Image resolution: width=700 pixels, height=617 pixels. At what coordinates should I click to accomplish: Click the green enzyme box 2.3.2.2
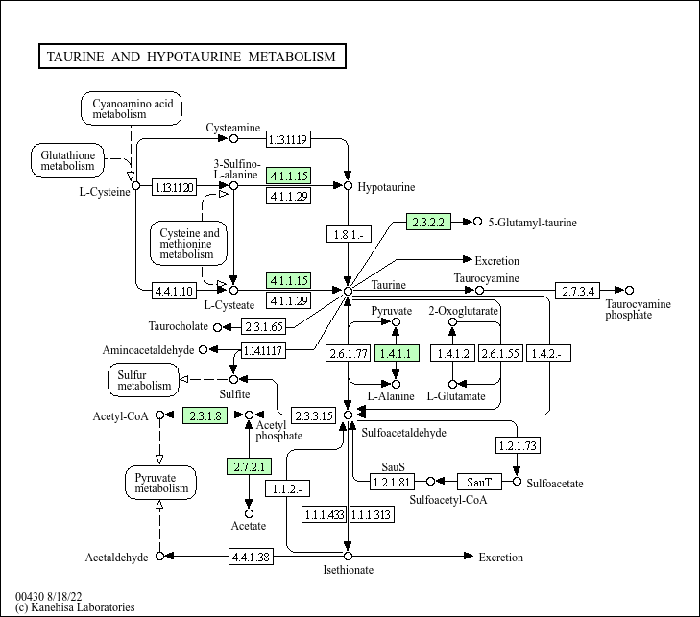[428, 222]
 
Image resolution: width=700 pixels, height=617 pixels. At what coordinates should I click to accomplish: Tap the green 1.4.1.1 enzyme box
[396, 353]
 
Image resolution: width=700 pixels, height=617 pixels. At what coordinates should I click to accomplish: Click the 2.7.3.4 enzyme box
[578, 290]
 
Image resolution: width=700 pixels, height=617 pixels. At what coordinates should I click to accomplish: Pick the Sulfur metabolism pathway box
[144, 379]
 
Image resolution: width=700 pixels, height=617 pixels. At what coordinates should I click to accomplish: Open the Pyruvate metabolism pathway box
[160, 482]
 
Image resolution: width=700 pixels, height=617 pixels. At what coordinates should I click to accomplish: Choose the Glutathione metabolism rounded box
[67, 159]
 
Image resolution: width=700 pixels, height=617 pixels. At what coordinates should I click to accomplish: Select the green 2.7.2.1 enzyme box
[250, 467]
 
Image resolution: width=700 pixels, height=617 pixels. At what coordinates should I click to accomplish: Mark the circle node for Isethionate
[348, 556]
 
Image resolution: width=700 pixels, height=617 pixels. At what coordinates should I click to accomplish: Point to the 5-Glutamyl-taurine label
[532, 223]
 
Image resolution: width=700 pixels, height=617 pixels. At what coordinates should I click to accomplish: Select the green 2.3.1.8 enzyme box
[204, 415]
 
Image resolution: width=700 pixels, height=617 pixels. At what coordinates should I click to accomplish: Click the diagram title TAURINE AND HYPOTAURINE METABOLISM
[191, 57]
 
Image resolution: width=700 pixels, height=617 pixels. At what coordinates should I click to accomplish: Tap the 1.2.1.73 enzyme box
[518, 445]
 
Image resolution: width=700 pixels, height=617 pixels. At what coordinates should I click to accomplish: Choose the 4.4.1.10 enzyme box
[174, 290]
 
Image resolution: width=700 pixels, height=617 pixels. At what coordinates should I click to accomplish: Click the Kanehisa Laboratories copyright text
[75, 607]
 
